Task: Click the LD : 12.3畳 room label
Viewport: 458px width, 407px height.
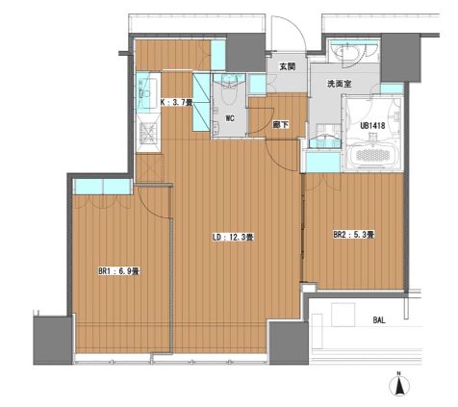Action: [x=234, y=238]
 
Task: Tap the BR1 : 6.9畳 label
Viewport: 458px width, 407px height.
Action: [x=118, y=271]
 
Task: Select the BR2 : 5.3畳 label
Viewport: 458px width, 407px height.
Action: [x=354, y=235]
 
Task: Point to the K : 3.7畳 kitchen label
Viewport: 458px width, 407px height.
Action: [x=176, y=103]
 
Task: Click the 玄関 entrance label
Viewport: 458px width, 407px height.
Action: [x=287, y=66]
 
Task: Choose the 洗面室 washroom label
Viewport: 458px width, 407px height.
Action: [x=339, y=84]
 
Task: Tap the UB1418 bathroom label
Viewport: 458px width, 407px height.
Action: [x=372, y=125]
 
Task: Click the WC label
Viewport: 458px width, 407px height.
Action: [x=230, y=118]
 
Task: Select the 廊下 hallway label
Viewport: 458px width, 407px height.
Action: [x=280, y=125]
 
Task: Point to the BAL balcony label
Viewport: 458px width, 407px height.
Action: [x=379, y=319]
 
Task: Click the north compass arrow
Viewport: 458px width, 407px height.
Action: [x=399, y=386]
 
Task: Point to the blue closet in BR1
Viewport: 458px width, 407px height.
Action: [x=103, y=187]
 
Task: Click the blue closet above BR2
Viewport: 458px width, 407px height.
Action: [x=323, y=163]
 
